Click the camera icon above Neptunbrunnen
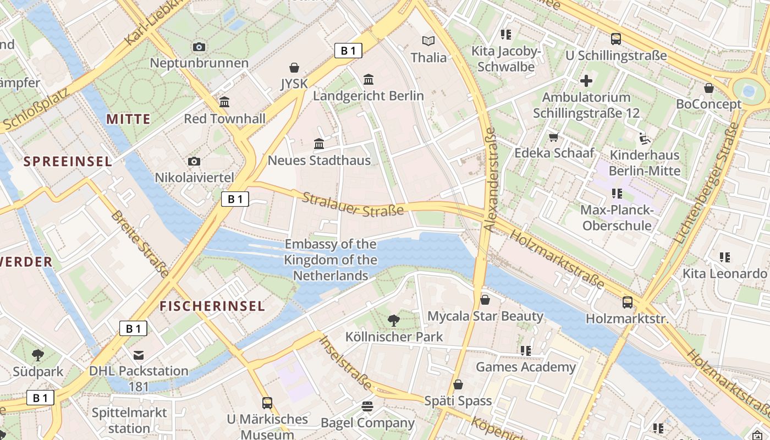tap(199, 47)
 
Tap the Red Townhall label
tap(224, 118)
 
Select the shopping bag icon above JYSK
tap(294, 68)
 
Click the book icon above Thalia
tap(428, 41)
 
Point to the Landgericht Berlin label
tap(369, 96)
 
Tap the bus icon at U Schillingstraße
tap(616, 39)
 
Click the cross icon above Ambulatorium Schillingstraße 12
tap(586, 81)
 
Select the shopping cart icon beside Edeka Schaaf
tap(554, 137)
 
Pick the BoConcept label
tap(708, 104)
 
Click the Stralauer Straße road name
tap(353, 204)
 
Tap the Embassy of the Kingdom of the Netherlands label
tap(331, 260)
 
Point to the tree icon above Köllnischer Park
tap(393, 320)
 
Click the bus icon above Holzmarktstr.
tap(628, 302)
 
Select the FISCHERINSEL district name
tap(212, 306)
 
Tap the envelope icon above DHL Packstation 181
tap(139, 355)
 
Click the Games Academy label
tap(525, 367)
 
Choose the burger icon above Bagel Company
tap(367, 407)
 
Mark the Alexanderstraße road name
tap(489, 180)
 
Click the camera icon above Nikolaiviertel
tap(194, 161)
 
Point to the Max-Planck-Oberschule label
tap(617, 218)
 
